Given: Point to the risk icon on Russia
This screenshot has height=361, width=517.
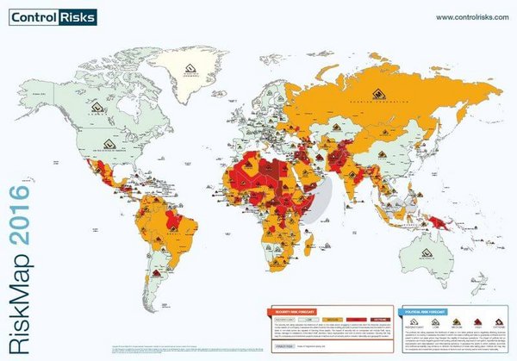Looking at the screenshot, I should point(376,93).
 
